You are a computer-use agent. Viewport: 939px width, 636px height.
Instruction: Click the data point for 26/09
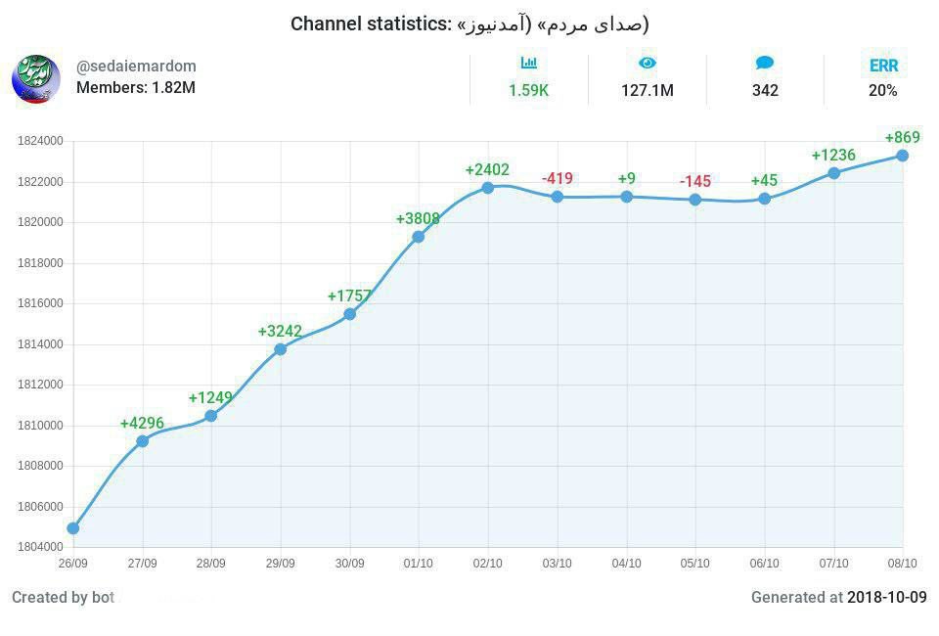(x=73, y=528)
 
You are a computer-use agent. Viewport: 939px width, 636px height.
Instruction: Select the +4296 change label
(x=142, y=424)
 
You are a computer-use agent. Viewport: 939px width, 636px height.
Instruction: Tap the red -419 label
(x=558, y=179)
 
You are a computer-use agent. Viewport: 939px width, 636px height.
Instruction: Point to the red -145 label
(x=695, y=182)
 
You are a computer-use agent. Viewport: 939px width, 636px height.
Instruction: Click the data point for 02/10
(x=488, y=187)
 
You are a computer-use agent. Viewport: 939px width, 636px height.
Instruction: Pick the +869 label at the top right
(x=902, y=138)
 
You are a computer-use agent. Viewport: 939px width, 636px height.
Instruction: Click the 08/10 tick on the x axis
(x=902, y=564)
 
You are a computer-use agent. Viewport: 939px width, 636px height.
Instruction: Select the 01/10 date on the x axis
(x=419, y=564)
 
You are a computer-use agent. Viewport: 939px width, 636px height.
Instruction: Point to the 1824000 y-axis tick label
(x=40, y=141)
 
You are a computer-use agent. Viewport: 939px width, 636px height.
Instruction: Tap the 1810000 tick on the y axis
(x=40, y=426)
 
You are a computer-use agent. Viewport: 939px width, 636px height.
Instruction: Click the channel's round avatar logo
(x=36, y=79)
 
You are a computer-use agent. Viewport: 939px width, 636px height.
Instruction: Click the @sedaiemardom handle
(x=136, y=67)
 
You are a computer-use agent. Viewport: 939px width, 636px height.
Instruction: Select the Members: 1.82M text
(x=136, y=87)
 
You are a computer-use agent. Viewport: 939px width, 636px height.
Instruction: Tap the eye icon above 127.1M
(x=648, y=64)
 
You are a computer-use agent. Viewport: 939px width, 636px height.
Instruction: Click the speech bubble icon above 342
(x=765, y=64)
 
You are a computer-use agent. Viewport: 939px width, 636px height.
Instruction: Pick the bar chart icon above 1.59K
(x=529, y=64)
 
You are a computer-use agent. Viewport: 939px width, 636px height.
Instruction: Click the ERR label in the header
(x=883, y=67)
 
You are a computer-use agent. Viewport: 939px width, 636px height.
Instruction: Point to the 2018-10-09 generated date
(x=886, y=597)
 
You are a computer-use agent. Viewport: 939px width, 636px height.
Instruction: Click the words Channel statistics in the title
(x=370, y=23)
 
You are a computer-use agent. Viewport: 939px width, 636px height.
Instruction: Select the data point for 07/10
(x=833, y=173)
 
